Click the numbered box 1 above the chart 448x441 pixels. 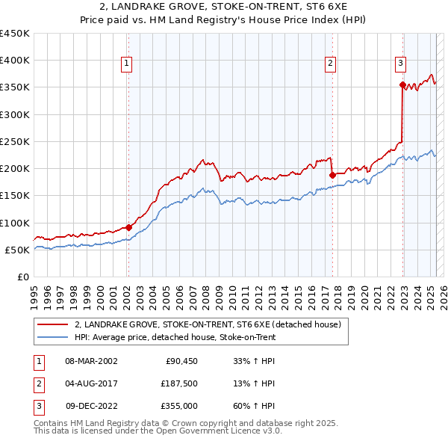[128, 64]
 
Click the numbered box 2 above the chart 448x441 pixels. [330, 64]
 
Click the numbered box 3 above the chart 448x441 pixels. [401, 64]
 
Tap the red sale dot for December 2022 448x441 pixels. [402, 85]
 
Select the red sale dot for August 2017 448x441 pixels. [332, 175]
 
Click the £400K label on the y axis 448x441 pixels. [15, 61]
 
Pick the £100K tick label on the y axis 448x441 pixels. [15, 223]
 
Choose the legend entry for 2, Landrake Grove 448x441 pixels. [208, 324]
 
